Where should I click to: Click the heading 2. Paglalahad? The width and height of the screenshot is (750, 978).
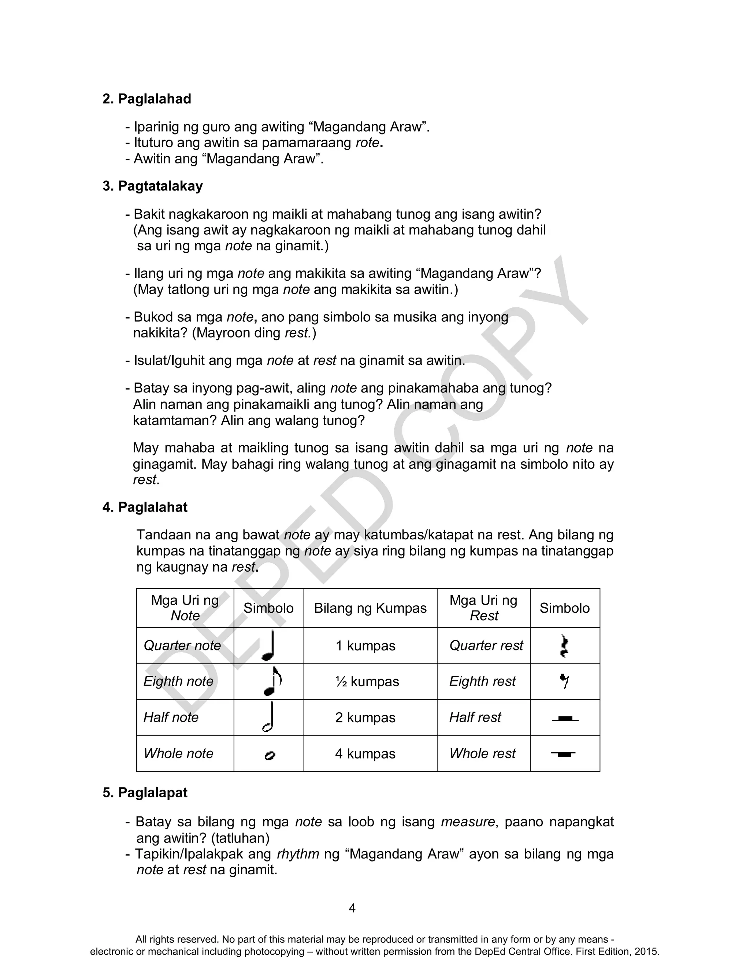click(x=146, y=99)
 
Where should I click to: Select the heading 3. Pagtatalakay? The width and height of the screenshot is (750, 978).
click(x=152, y=186)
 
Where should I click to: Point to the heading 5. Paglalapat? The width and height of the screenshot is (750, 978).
click(x=145, y=792)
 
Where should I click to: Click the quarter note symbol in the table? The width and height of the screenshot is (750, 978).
click(x=269, y=646)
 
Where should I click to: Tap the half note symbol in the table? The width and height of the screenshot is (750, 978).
click(x=269, y=717)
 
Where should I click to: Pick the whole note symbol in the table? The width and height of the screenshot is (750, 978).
click(x=270, y=755)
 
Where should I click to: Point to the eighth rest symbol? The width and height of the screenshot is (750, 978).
click(x=564, y=681)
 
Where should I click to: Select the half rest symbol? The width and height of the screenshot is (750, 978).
click(x=565, y=719)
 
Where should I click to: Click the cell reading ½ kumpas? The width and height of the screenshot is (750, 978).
click(x=367, y=682)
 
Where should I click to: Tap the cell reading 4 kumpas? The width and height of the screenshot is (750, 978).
click(x=365, y=754)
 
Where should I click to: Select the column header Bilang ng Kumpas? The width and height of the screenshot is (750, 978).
click(x=370, y=608)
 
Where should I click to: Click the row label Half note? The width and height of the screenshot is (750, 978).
click(x=171, y=717)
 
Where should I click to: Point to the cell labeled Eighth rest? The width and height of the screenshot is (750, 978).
click(x=482, y=681)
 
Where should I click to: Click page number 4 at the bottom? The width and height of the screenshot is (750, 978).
click(x=352, y=908)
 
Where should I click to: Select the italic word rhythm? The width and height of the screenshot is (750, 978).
click(x=298, y=854)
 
